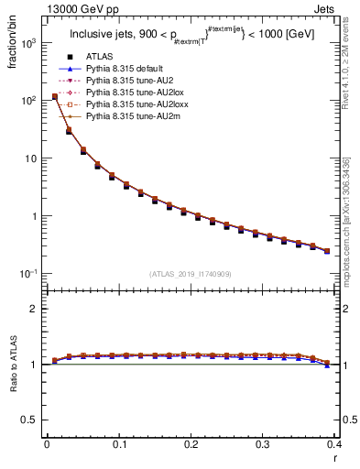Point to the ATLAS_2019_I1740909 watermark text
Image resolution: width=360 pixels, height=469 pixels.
pyautogui.click(x=191, y=273)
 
